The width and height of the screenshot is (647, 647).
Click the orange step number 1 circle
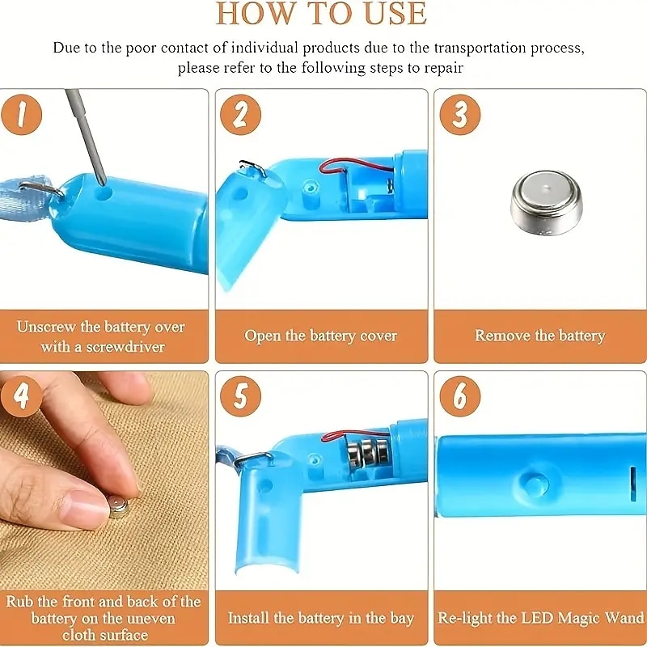click(22, 115)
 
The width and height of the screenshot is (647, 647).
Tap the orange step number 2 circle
click(240, 115)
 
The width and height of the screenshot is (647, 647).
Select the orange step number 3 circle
click(460, 115)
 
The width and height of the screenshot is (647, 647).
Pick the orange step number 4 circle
click(22, 396)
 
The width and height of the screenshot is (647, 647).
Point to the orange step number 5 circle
click(240, 396)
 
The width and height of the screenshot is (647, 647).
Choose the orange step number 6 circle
click(460, 396)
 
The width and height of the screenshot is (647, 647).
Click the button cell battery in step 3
click(547, 203)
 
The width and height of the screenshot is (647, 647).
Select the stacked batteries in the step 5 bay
click(368, 454)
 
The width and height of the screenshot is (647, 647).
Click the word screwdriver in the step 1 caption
click(125, 347)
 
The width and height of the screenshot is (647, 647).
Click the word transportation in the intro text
click(480, 49)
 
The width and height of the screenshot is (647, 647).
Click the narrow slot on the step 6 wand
click(632, 479)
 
